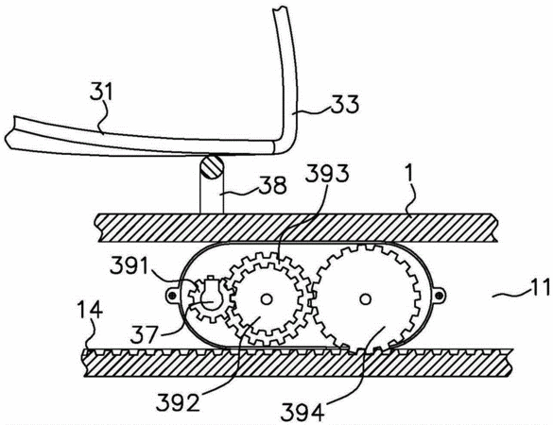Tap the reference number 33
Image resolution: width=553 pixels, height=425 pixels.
pyautogui.click(x=345, y=104)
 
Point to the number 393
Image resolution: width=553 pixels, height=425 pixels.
pyautogui.click(x=326, y=174)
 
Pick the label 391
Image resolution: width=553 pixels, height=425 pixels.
pyautogui.click(x=129, y=266)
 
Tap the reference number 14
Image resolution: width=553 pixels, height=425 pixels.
pyautogui.click(x=91, y=311)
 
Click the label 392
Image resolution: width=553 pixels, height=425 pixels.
pyautogui.click(x=178, y=401)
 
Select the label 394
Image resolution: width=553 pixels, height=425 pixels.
pyautogui.click(x=302, y=412)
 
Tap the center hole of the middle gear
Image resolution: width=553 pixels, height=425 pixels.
pyautogui.click(x=267, y=299)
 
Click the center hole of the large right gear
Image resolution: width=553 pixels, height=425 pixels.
pyautogui.click(x=366, y=299)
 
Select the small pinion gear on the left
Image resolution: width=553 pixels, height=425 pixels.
pyautogui.click(x=211, y=298)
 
